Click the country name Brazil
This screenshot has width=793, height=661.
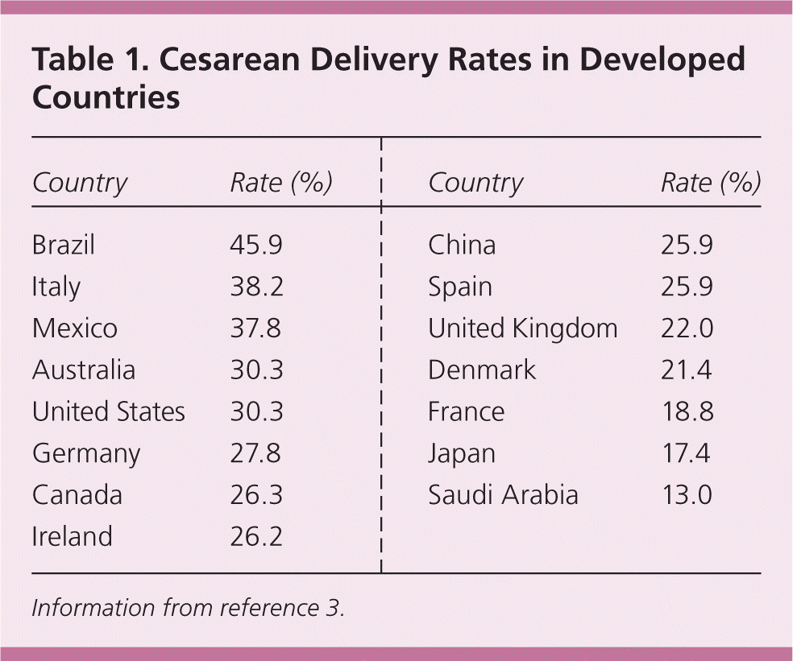(63, 245)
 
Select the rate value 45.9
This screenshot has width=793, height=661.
(256, 245)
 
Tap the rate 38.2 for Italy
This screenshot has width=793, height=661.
(256, 287)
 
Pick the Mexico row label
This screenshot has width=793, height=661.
(74, 328)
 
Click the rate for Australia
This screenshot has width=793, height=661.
(256, 370)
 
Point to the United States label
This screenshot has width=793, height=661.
(108, 412)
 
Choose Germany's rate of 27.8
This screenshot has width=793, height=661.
(256, 454)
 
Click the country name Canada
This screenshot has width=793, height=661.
(77, 495)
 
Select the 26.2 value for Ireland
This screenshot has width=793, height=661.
(256, 537)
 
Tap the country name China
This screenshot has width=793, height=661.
(462, 245)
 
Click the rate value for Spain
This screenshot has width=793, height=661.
(687, 287)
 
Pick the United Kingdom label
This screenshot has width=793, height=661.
(522, 328)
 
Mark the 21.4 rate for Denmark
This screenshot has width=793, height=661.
(687, 370)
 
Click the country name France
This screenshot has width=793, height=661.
(466, 412)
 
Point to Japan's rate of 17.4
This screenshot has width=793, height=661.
(686, 454)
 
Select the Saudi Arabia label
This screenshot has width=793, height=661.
(503, 495)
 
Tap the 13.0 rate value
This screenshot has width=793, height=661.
(686, 495)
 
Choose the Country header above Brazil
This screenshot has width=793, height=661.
(79, 184)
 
